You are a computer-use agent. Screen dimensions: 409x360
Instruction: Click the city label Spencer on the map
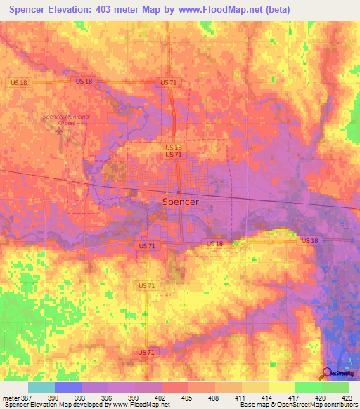click(180, 202)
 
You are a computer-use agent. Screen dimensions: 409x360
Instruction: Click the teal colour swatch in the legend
click(41, 387)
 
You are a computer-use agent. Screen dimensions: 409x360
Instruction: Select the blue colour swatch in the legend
click(68, 387)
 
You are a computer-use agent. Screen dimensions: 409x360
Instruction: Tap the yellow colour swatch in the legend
click(282, 387)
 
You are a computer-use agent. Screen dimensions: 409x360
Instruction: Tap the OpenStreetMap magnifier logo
click(328, 374)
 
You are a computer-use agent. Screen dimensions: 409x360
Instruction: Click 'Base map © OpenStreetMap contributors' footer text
click(298, 405)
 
